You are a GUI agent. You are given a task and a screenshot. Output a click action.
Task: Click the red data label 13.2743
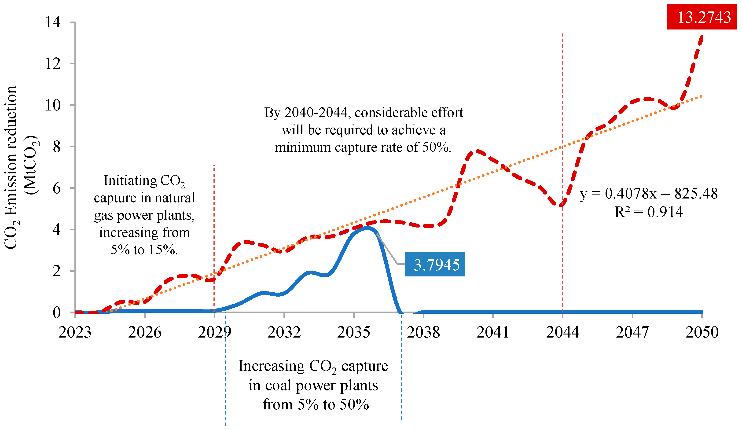pyautogui.click(x=704, y=17)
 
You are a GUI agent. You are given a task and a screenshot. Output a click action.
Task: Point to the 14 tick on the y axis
pyautogui.click(x=53, y=22)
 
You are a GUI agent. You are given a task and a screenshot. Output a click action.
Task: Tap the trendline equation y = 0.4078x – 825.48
pyautogui.click(x=649, y=194)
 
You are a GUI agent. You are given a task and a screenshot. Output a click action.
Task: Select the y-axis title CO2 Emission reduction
pyautogui.click(x=11, y=168)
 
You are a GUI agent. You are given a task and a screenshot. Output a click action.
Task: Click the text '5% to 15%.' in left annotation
pyautogui.click(x=144, y=250)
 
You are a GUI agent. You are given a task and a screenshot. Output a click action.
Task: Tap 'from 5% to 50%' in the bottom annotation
pyautogui.click(x=316, y=404)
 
